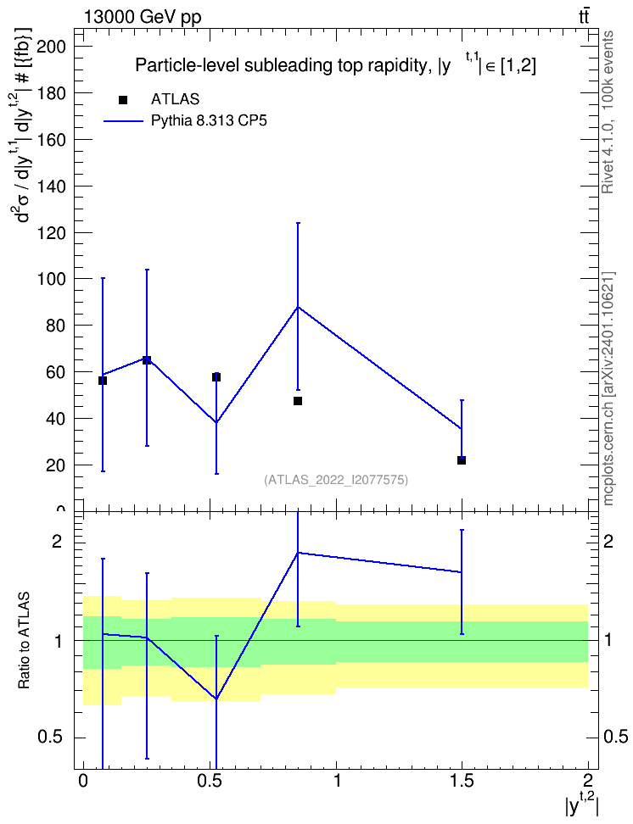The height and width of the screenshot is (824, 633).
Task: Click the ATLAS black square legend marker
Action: [x=123, y=100]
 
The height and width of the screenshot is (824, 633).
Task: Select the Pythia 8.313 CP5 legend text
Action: [x=209, y=121]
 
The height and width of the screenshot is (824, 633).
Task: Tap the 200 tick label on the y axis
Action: [x=51, y=47]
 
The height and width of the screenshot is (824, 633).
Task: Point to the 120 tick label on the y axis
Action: [x=51, y=233]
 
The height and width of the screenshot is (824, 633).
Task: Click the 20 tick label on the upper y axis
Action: [x=55, y=465]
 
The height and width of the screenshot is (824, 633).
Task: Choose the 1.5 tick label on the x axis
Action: [x=461, y=781]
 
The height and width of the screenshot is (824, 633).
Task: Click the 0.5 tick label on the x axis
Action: [x=209, y=781]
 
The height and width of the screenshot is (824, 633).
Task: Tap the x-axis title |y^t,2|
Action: [x=581, y=805]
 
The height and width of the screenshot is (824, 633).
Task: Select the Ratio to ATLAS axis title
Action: [x=25, y=640]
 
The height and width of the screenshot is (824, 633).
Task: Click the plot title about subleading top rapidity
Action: [x=336, y=65]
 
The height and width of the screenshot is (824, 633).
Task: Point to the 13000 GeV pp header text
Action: [x=143, y=17]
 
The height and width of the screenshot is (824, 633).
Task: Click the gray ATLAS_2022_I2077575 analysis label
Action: [x=336, y=480]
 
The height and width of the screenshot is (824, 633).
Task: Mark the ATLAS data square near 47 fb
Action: [x=298, y=401]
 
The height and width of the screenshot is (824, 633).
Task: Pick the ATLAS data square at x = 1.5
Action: [x=462, y=460]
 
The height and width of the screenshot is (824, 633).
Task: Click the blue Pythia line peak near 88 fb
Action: [x=298, y=307]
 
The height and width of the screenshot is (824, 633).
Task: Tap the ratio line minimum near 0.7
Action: [x=216, y=699]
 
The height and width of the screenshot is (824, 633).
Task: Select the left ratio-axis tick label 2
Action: [x=56, y=541]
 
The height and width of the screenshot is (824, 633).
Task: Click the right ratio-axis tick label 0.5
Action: [x=616, y=738]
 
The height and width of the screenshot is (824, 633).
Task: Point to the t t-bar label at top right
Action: [x=584, y=16]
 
